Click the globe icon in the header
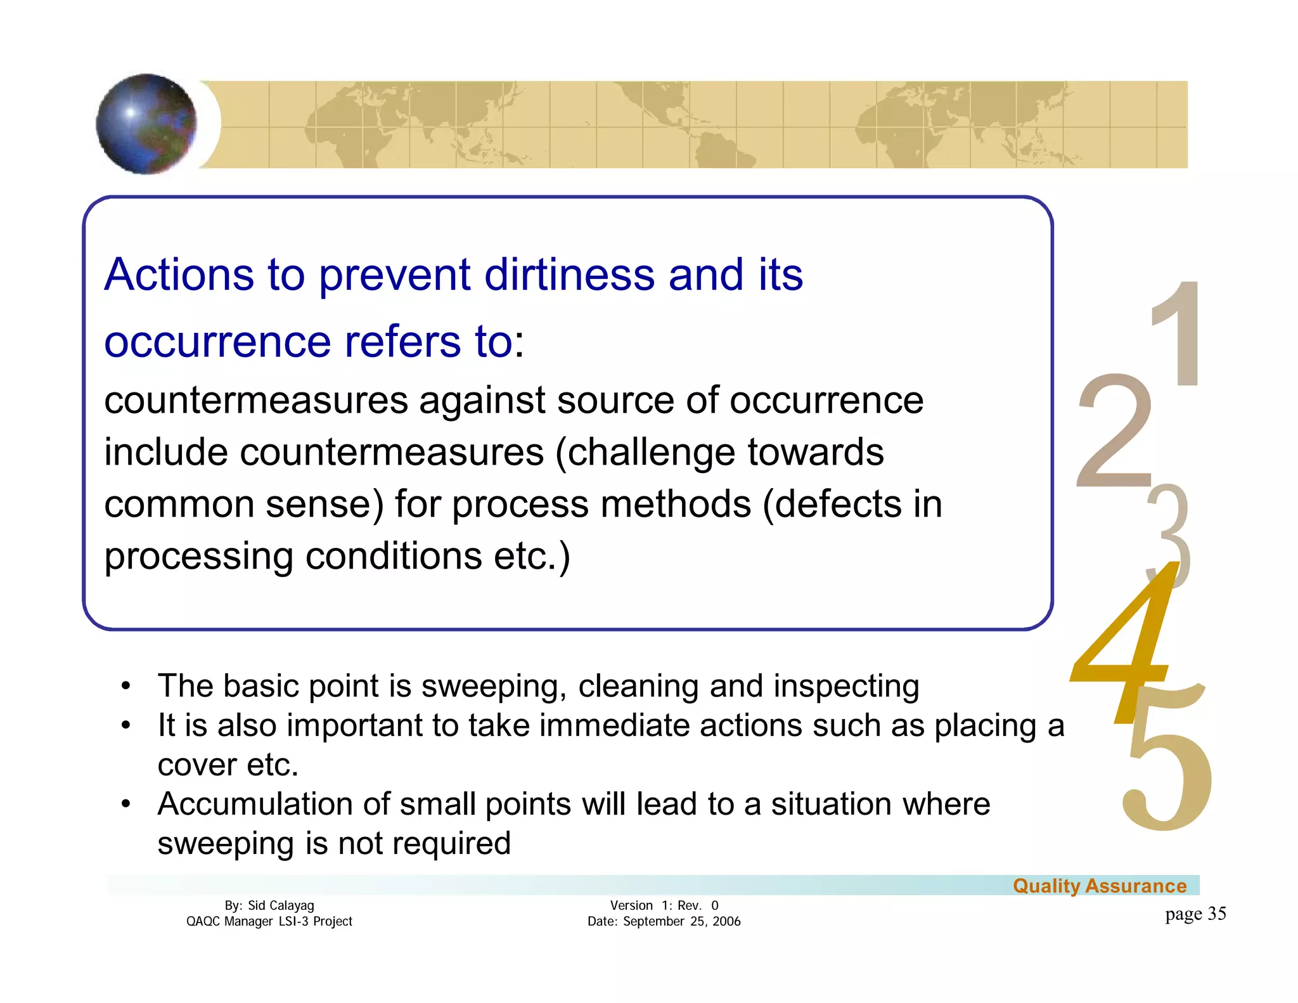point(146,124)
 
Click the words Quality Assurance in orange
point(1099,886)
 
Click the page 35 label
point(1195,914)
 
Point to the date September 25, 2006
point(681,921)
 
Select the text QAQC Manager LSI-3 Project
point(269,921)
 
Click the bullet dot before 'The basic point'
point(126,686)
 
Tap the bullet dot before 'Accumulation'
point(126,804)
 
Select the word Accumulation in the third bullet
point(255,804)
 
